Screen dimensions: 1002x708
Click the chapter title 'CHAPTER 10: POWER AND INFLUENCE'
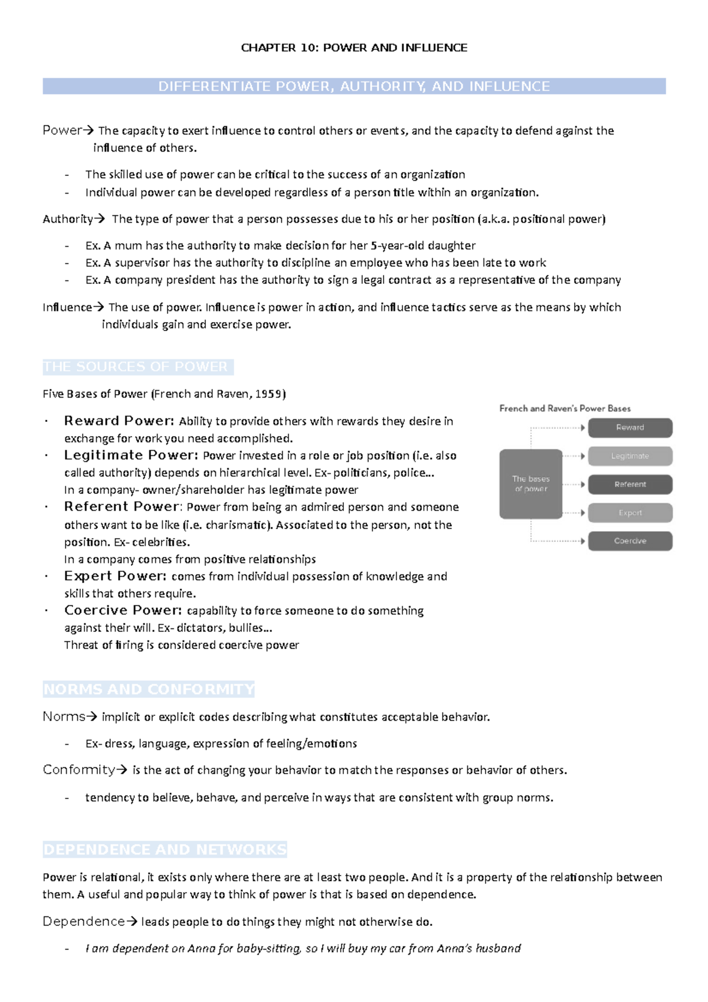pyautogui.click(x=354, y=48)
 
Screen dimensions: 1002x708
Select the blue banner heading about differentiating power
pyautogui.click(x=354, y=86)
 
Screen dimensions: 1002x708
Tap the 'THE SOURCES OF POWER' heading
pyautogui.click(x=136, y=367)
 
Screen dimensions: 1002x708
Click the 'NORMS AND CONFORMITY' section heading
pyautogui.click(x=149, y=689)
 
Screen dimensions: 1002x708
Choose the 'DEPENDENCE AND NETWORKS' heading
pyautogui.click(x=165, y=850)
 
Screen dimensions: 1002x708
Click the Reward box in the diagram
pyautogui.click(x=630, y=428)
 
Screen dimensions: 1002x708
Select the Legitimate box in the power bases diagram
pyautogui.click(x=630, y=456)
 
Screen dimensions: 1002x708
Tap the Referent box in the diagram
pyautogui.click(x=630, y=484)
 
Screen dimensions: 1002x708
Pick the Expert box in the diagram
pyautogui.click(x=630, y=513)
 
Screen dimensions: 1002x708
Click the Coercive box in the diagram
pyautogui.click(x=630, y=541)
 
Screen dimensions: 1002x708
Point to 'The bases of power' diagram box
pyautogui.click(x=530, y=484)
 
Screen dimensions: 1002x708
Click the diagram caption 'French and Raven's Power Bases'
pyautogui.click(x=565, y=408)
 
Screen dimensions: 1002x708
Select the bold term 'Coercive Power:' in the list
pyautogui.click(x=123, y=610)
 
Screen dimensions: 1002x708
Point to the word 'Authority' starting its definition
pyautogui.click(x=67, y=219)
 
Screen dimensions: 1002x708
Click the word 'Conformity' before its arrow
pyautogui.click(x=78, y=769)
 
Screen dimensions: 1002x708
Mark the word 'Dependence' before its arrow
pyautogui.click(x=83, y=921)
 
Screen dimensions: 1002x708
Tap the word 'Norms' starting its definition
pyautogui.click(x=64, y=716)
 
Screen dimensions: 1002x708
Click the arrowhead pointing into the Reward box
pyautogui.click(x=583, y=428)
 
